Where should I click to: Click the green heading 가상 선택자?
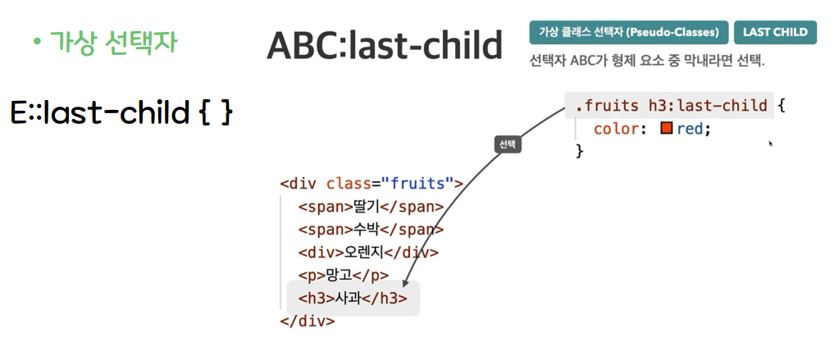(112, 42)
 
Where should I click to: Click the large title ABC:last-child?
(384, 45)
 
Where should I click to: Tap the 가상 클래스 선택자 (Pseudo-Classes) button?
(629, 32)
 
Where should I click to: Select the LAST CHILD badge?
(775, 32)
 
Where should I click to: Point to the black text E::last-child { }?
(121, 113)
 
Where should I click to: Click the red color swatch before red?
(666, 129)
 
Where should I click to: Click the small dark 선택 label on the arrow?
(508, 144)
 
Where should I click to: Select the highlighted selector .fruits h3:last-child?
(671, 106)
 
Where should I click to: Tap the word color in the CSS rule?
(617, 129)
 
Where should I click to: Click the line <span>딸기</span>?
(372, 207)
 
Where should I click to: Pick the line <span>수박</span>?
(372, 230)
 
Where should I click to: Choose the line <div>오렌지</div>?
(369, 252)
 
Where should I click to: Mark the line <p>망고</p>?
(344, 275)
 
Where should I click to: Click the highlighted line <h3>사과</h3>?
(353, 298)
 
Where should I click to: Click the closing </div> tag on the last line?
(308, 321)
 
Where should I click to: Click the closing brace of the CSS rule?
(578, 152)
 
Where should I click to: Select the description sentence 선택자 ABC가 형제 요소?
(647, 61)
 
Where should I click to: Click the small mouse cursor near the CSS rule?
(771, 144)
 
